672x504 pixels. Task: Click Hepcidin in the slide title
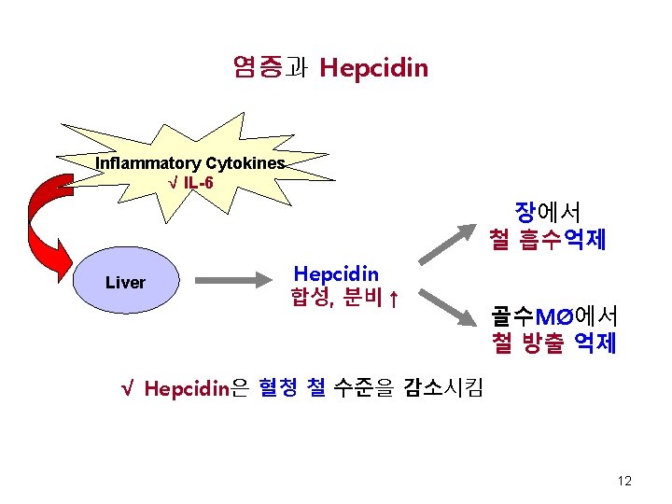tap(373, 67)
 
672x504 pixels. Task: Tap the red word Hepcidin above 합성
tap(336, 273)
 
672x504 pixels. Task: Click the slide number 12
tap(624, 481)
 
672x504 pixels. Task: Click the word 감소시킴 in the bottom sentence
tap(442, 387)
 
